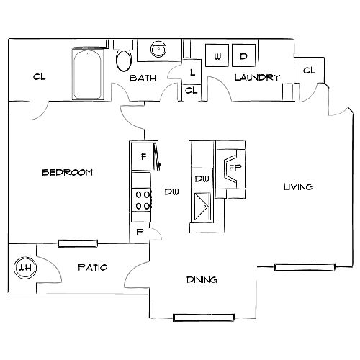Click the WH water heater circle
(25, 268)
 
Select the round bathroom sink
(158, 49)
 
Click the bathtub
(87, 74)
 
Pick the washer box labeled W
(217, 55)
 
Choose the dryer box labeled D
(243, 55)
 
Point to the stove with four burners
(141, 200)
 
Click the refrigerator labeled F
(143, 156)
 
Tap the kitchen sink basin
(202, 207)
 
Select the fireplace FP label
(235, 168)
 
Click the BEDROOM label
(67, 172)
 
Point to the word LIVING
(298, 186)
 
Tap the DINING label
(202, 279)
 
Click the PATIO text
(93, 267)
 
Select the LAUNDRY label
(257, 77)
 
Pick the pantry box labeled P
(140, 232)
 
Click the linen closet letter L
(192, 72)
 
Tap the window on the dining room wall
(204, 318)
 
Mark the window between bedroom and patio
(78, 243)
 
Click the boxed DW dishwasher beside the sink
(202, 179)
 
